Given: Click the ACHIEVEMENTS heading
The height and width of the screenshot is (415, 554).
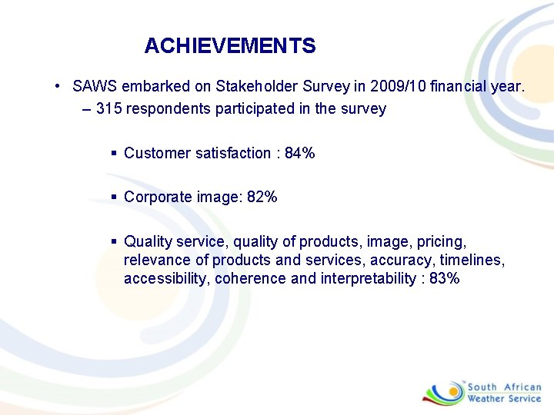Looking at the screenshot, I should (229, 46).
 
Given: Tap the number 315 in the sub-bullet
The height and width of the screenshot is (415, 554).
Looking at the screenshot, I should (108, 109).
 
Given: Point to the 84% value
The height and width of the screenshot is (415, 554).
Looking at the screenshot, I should (299, 153).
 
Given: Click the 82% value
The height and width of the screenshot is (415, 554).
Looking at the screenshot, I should (262, 197).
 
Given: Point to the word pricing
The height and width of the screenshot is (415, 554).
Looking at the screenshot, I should (444, 241).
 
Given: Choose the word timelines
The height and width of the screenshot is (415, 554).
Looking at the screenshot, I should (474, 260).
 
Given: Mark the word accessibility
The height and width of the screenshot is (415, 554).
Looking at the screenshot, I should (164, 278).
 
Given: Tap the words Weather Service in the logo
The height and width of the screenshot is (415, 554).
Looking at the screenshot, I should (505, 399).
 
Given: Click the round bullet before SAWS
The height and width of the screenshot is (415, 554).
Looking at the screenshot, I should (58, 87).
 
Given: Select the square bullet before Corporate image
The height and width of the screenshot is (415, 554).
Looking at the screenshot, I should (113, 197).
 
